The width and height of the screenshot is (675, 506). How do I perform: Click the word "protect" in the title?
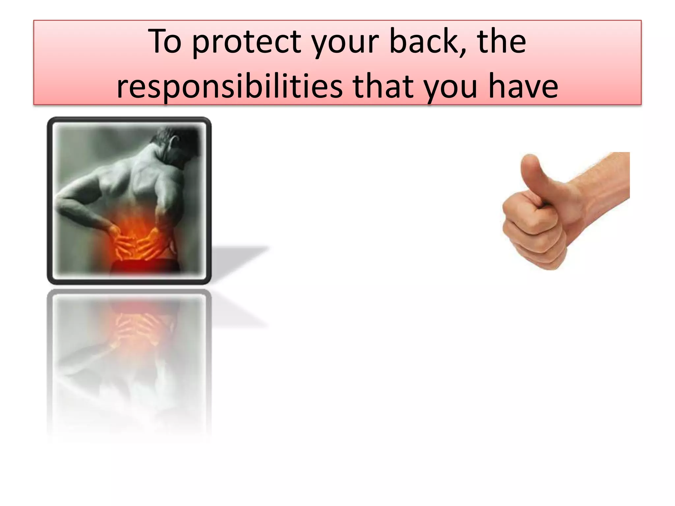(x=247, y=42)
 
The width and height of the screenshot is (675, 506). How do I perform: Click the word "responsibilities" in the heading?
(x=229, y=86)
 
